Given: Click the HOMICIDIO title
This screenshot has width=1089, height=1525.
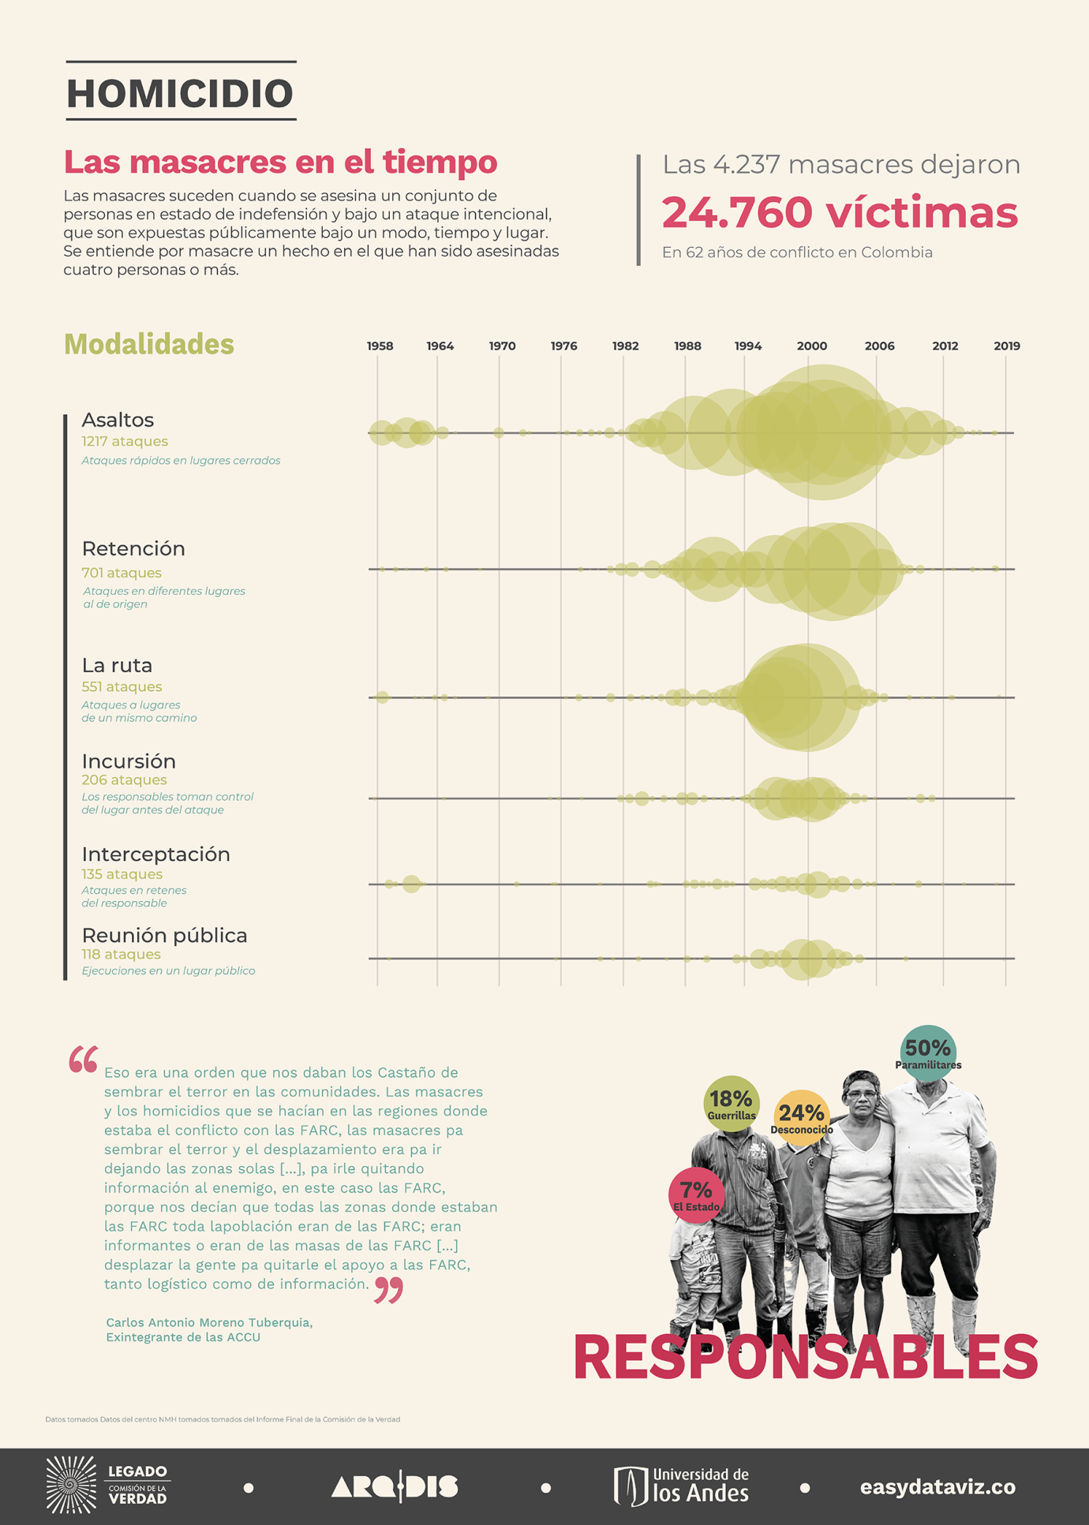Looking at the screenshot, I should coord(181,93).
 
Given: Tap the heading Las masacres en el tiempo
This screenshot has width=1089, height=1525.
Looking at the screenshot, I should coord(280,162).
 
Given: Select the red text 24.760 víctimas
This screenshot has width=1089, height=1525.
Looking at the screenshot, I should coord(840,212).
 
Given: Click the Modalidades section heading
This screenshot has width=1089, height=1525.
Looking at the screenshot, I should coord(149,345).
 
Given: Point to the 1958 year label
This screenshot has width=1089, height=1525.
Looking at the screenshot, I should coord(380,346).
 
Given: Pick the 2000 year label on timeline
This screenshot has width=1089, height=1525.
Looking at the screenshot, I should coord(811,346).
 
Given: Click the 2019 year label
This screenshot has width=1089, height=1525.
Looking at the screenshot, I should coord(1006,346).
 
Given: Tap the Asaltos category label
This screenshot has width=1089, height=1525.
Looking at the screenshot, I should coord(118,420).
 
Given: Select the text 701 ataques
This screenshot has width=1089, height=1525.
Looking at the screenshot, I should coord(122,573).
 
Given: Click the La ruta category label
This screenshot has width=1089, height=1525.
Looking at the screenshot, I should coord(117,665).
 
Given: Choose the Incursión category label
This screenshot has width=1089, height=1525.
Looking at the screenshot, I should coord(129,761).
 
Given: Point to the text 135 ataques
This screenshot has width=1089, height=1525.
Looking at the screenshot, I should coord(122,874).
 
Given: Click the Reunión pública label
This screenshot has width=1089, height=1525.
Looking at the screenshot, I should coord(164,936).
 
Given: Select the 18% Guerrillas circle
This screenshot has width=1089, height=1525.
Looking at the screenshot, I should coord(732,1103).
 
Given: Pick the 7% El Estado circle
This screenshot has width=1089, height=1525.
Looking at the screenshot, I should coord(696,1194).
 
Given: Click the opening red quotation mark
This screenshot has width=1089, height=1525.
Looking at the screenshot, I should coord(83,1060).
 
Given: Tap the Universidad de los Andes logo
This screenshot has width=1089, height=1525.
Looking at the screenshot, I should coord(681,1486).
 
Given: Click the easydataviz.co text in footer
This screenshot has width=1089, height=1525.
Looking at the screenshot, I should coord(937,1487).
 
